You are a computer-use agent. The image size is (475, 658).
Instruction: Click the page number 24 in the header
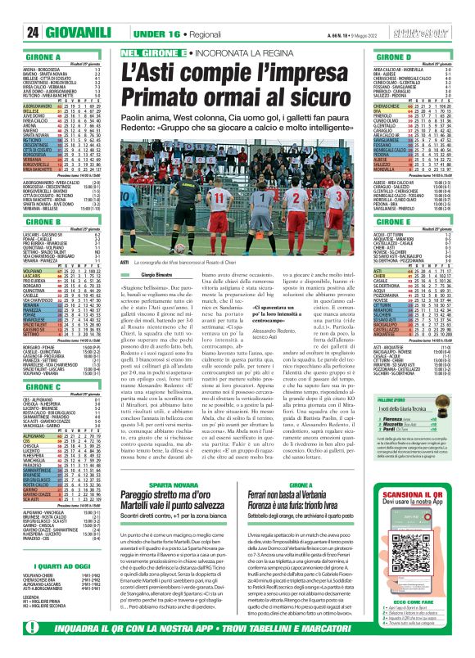tap(13, 10)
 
